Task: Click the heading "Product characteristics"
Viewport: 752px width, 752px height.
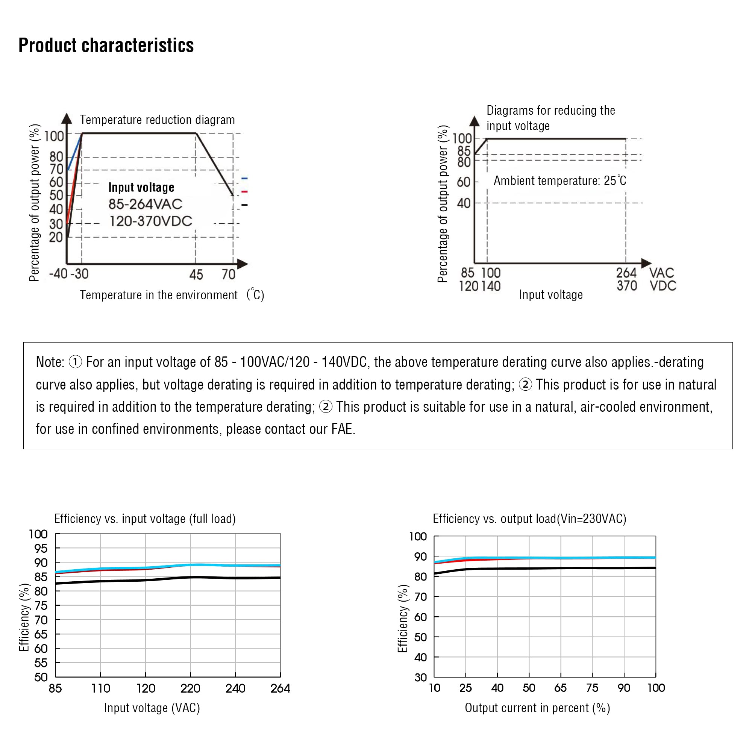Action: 106,45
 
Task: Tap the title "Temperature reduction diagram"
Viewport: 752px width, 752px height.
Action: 157,120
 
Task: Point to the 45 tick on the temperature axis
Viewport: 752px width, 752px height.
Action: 196,275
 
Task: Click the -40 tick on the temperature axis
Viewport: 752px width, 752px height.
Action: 58,274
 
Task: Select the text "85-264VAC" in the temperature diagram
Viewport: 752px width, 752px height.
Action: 145,204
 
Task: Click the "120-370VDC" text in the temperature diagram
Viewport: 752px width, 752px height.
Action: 151,221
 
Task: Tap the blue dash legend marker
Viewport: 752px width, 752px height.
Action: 244,179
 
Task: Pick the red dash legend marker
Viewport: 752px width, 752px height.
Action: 244,191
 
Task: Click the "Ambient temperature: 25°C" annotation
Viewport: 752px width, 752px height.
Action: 560,180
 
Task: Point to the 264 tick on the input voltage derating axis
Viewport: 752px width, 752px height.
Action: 626,273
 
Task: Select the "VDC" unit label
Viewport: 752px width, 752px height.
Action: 663,286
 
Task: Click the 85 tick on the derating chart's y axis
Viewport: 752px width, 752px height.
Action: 464,151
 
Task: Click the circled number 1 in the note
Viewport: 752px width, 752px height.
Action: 75,362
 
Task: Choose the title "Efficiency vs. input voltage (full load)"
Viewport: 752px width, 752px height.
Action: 145,519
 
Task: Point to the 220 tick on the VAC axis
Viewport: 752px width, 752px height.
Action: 190,688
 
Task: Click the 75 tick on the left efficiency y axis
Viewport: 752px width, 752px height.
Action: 41,606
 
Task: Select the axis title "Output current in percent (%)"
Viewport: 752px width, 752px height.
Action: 537,708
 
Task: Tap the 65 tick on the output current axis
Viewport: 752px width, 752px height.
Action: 561,688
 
